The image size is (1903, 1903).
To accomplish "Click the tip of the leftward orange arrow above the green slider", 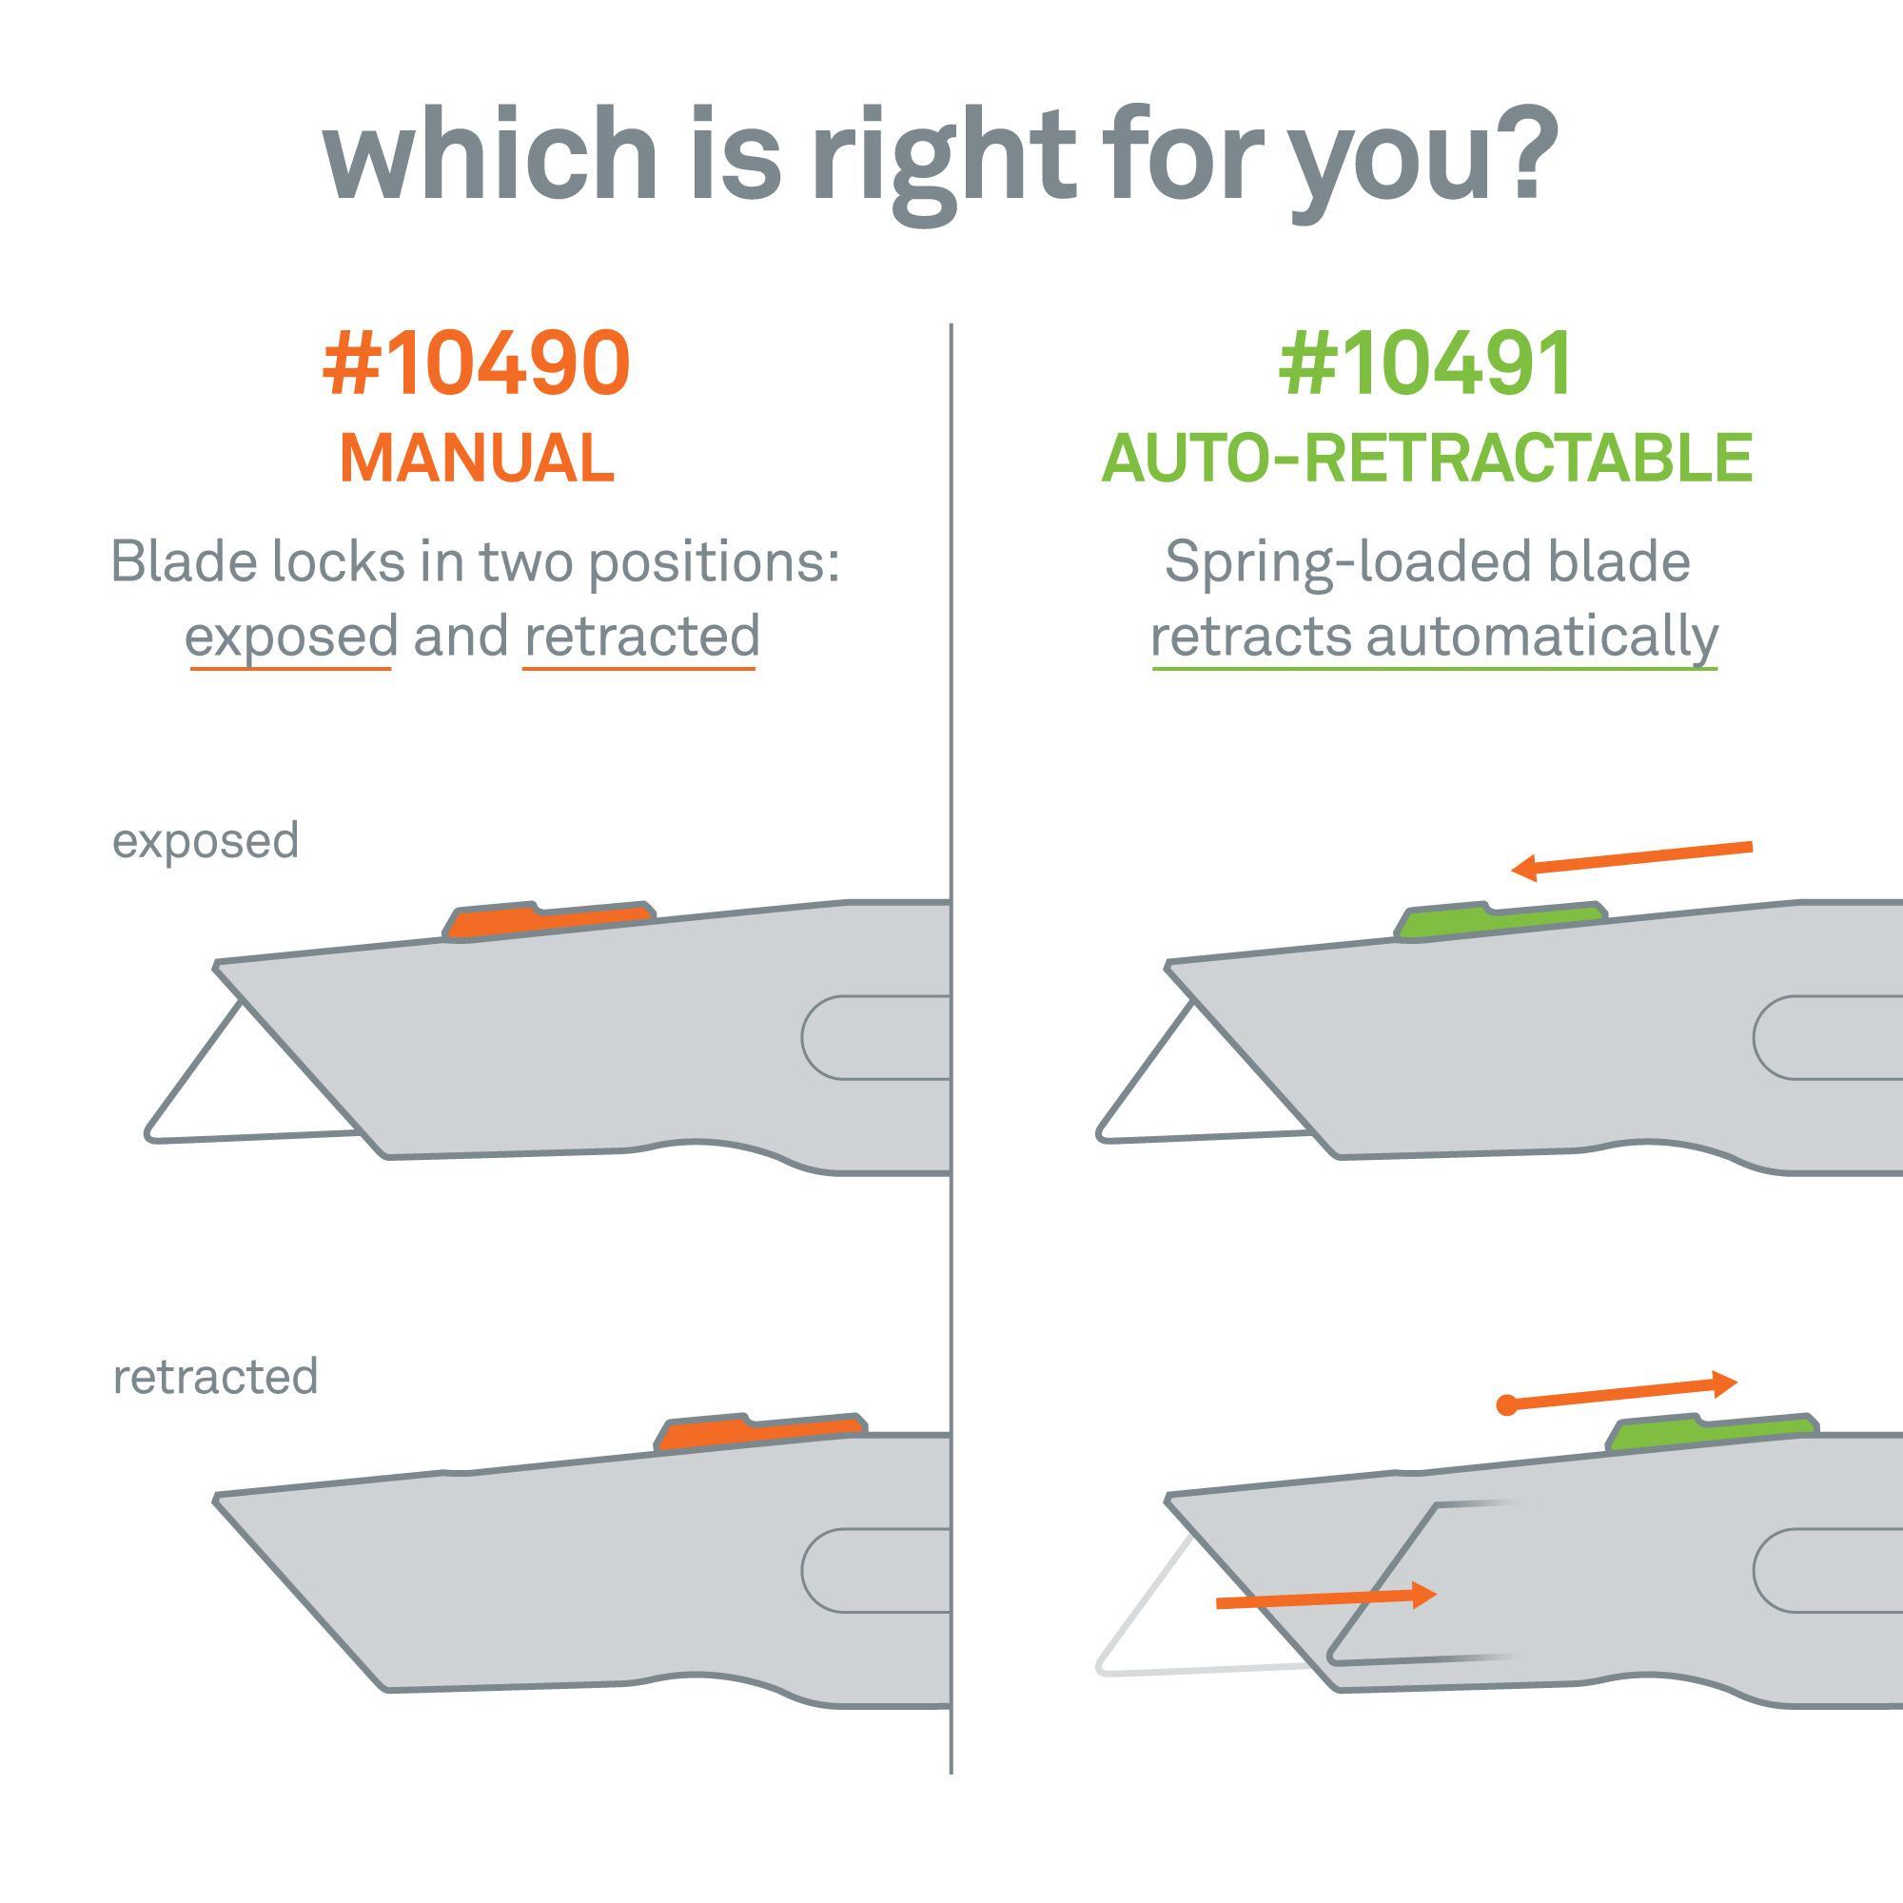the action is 1512,869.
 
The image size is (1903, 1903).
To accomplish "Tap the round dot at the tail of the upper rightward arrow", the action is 1506,1405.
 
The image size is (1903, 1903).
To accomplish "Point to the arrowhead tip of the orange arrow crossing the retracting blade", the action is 1437,1595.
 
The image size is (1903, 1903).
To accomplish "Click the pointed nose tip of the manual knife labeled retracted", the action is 216,1500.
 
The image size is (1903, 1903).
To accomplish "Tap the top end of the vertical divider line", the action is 951,324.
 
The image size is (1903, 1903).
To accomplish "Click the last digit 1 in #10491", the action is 1554,364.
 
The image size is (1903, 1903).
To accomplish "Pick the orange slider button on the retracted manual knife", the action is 760,1432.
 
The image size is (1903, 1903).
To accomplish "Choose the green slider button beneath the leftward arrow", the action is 1501,920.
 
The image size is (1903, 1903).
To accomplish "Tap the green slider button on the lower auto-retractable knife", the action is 1713,1432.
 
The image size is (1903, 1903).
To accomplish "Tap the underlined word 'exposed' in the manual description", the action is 291,637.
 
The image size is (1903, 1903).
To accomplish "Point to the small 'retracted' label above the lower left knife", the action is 216,1376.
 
